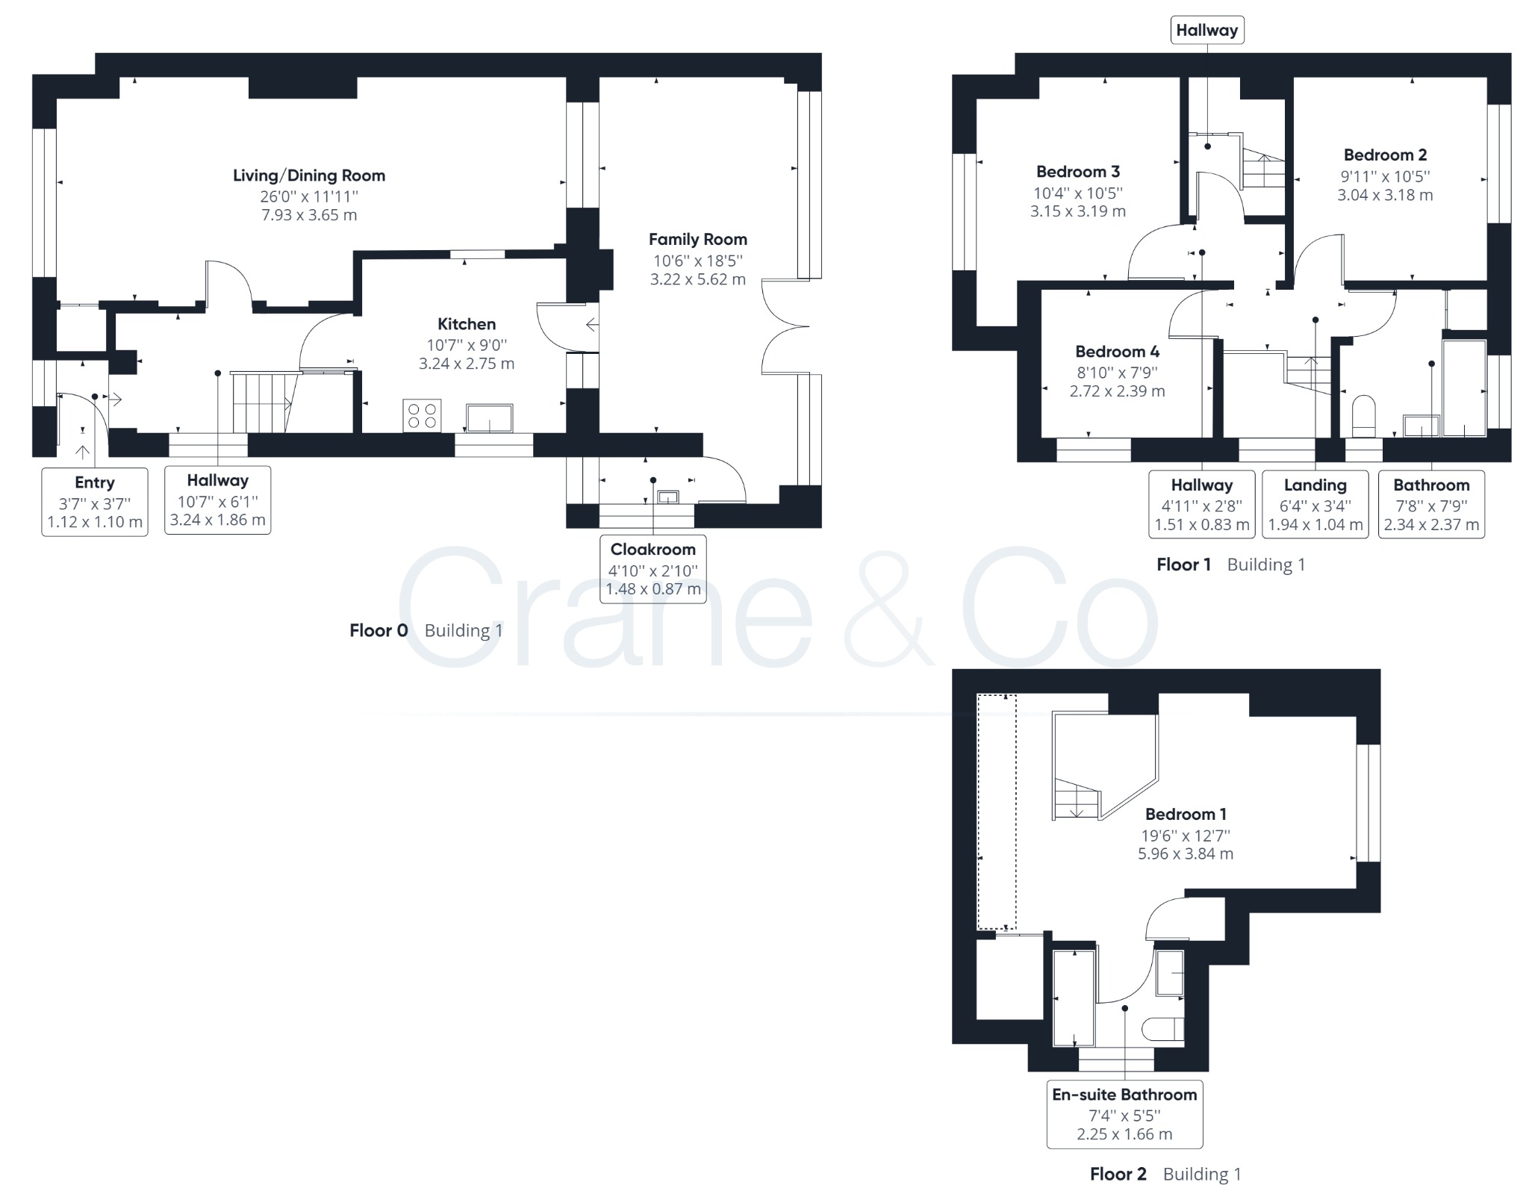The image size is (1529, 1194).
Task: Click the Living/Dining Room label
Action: [x=309, y=175]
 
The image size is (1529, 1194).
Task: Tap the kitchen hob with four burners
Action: [x=423, y=416]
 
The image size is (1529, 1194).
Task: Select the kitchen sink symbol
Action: [x=490, y=417]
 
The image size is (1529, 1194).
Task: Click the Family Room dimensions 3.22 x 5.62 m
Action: [x=697, y=279]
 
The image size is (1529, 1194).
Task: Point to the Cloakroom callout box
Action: [x=653, y=569]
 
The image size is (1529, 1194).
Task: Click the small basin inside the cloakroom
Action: [x=667, y=497]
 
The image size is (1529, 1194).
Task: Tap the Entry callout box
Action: [x=95, y=502]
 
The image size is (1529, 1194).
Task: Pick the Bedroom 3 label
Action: [x=1077, y=172]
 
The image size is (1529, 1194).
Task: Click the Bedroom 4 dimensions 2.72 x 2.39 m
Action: [x=1117, y=391]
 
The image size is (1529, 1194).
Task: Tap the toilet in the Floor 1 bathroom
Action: [x=1363, y=416]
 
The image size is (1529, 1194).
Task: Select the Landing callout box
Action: [x=1315, y=504]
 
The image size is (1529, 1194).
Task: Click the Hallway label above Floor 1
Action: [x=1206, y=31]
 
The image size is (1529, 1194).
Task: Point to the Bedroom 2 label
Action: [x=1385, y=155]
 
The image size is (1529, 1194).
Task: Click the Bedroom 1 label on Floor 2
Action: [x=1186, y=814]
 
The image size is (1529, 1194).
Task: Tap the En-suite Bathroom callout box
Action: [x=1124, y=1113]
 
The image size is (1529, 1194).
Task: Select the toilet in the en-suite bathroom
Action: [x=1164, y=1029]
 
